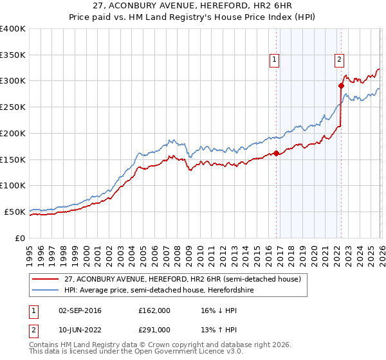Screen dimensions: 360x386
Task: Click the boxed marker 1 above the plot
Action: click(x=275, y=60)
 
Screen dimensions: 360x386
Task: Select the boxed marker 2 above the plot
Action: click(x=339, y=60)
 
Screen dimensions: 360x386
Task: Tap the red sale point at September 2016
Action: click(x=277, y=153)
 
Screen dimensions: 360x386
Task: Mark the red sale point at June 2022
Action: click(x=342, y=85)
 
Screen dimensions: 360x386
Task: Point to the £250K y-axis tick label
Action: click(x=13, y=107)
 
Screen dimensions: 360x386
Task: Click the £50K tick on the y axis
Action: click(x=15, y=212)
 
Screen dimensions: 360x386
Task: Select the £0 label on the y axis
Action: click(x=21, y=238)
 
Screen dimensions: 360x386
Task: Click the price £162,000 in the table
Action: click(x=154, y=310)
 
